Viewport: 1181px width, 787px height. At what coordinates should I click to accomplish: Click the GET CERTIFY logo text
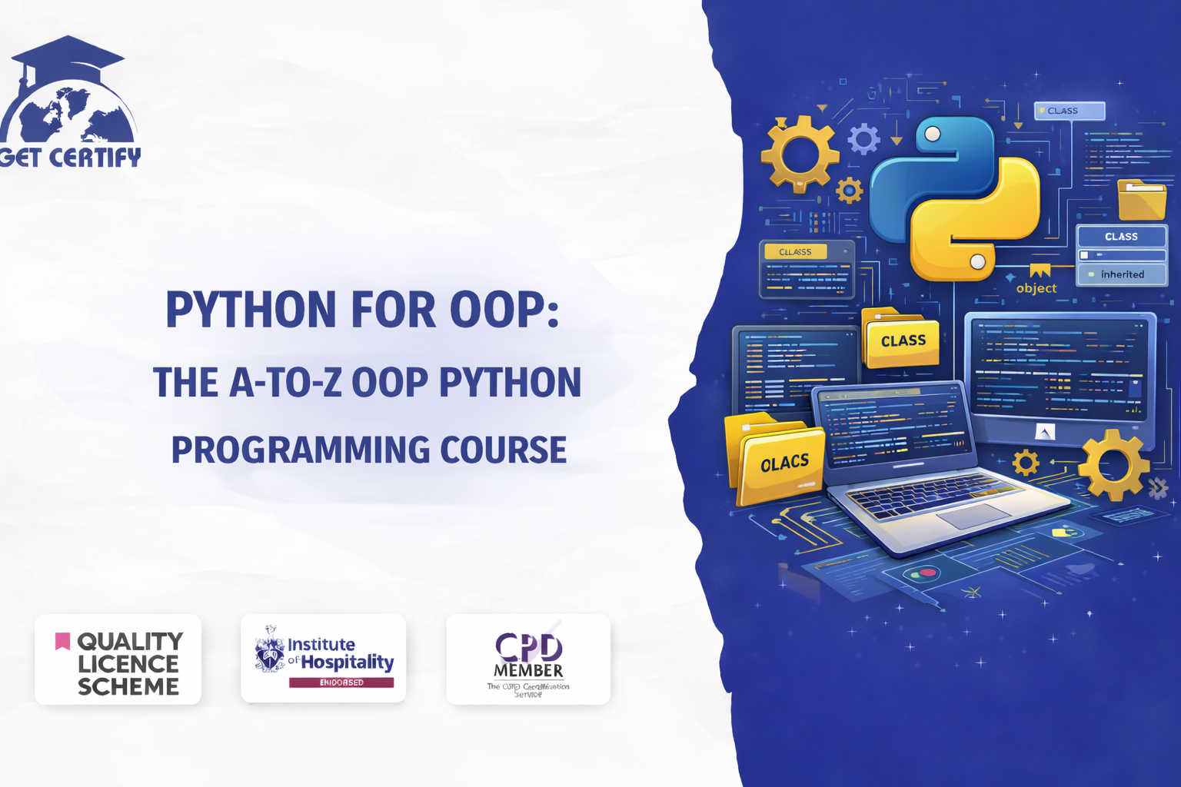click(x=71, y=158)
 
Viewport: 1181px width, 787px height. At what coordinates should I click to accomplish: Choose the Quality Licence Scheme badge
click(x=118, y=659)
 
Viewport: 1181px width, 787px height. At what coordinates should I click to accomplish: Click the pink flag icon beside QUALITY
click(x=62, y=640)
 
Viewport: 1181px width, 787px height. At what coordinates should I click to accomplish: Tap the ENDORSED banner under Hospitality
click(x=341, y=682)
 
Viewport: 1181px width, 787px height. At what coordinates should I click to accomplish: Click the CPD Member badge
click(x=528, y=659)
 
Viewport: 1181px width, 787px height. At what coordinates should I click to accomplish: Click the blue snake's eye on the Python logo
click(x=933, y=134)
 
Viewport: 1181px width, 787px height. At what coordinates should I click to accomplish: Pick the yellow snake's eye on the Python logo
click(x=977, y=262)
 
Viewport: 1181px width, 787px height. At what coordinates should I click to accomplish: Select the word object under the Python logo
click(x=1036, y=289)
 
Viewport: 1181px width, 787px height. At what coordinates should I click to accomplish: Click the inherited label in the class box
click(x=1122, y=274)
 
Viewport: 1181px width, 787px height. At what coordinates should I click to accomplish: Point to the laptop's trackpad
click(x=973, y=516)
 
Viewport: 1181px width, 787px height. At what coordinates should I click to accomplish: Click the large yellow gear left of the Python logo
click(x=800, y=154)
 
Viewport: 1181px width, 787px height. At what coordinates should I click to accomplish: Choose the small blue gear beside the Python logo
click(x=863, y=139)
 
